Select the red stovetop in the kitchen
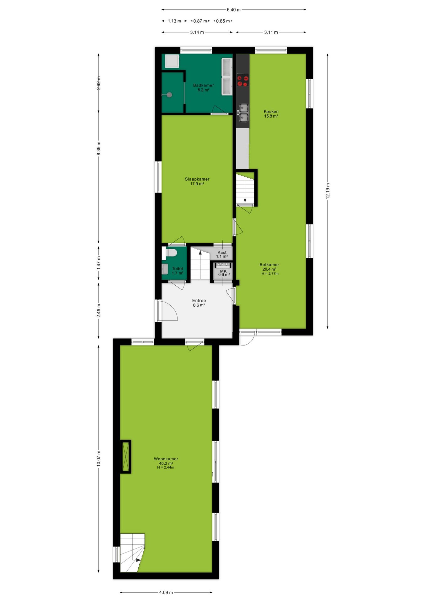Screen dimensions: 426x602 242,80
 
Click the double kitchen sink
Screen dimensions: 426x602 243,113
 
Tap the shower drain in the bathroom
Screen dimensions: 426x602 169,95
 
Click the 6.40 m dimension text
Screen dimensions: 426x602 234,10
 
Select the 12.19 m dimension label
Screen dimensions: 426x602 327,191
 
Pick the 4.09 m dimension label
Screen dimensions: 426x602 166,592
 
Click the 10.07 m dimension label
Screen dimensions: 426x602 99,458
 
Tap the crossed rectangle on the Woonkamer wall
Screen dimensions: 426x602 126,457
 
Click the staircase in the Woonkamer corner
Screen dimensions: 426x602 132,552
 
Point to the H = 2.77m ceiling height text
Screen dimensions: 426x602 270,273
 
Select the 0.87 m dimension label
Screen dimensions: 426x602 200,21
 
